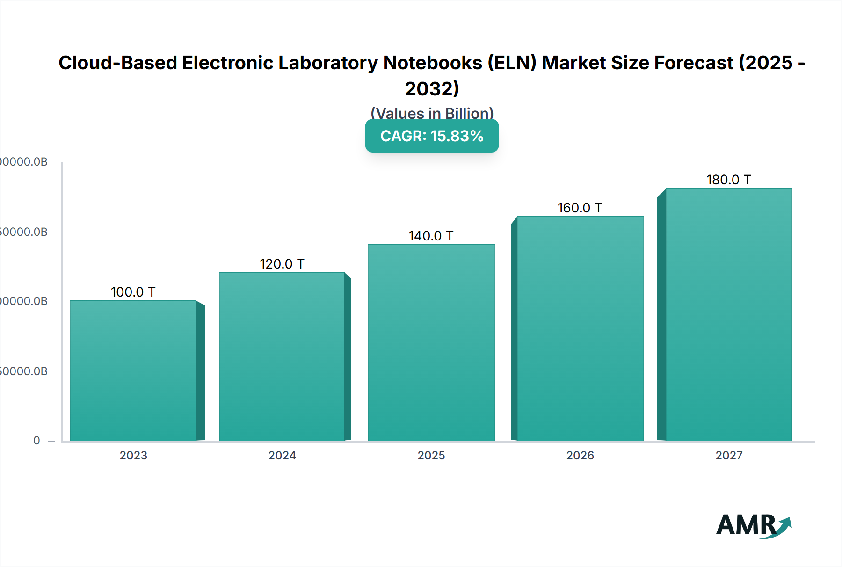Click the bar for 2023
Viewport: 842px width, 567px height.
tap(133, 371)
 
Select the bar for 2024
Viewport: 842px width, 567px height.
tap(282, 356)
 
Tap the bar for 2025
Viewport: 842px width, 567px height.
tap(431, 342)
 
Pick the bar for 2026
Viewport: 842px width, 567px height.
tap(580, 328)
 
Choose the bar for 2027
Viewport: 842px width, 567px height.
tap(729, 314)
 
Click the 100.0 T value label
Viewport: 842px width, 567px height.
tap(133, 292)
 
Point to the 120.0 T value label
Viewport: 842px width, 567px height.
tap(282, 264)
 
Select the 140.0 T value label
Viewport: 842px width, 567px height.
tap(431, 236)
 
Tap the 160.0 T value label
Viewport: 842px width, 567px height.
tap(580, 208)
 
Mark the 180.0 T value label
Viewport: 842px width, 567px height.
tap(729, 180)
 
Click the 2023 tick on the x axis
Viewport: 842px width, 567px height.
tap(133, 455)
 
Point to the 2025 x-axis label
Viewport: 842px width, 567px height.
tap(431, 455)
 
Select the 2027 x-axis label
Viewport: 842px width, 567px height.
tap(729, 455)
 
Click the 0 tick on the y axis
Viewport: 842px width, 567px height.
tap(36, 441)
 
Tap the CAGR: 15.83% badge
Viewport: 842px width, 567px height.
tap(432, 136)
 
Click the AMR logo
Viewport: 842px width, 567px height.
tap(753, 525)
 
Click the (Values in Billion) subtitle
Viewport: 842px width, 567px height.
tap(432, 113)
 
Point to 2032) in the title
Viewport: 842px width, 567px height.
tap(432, 88)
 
